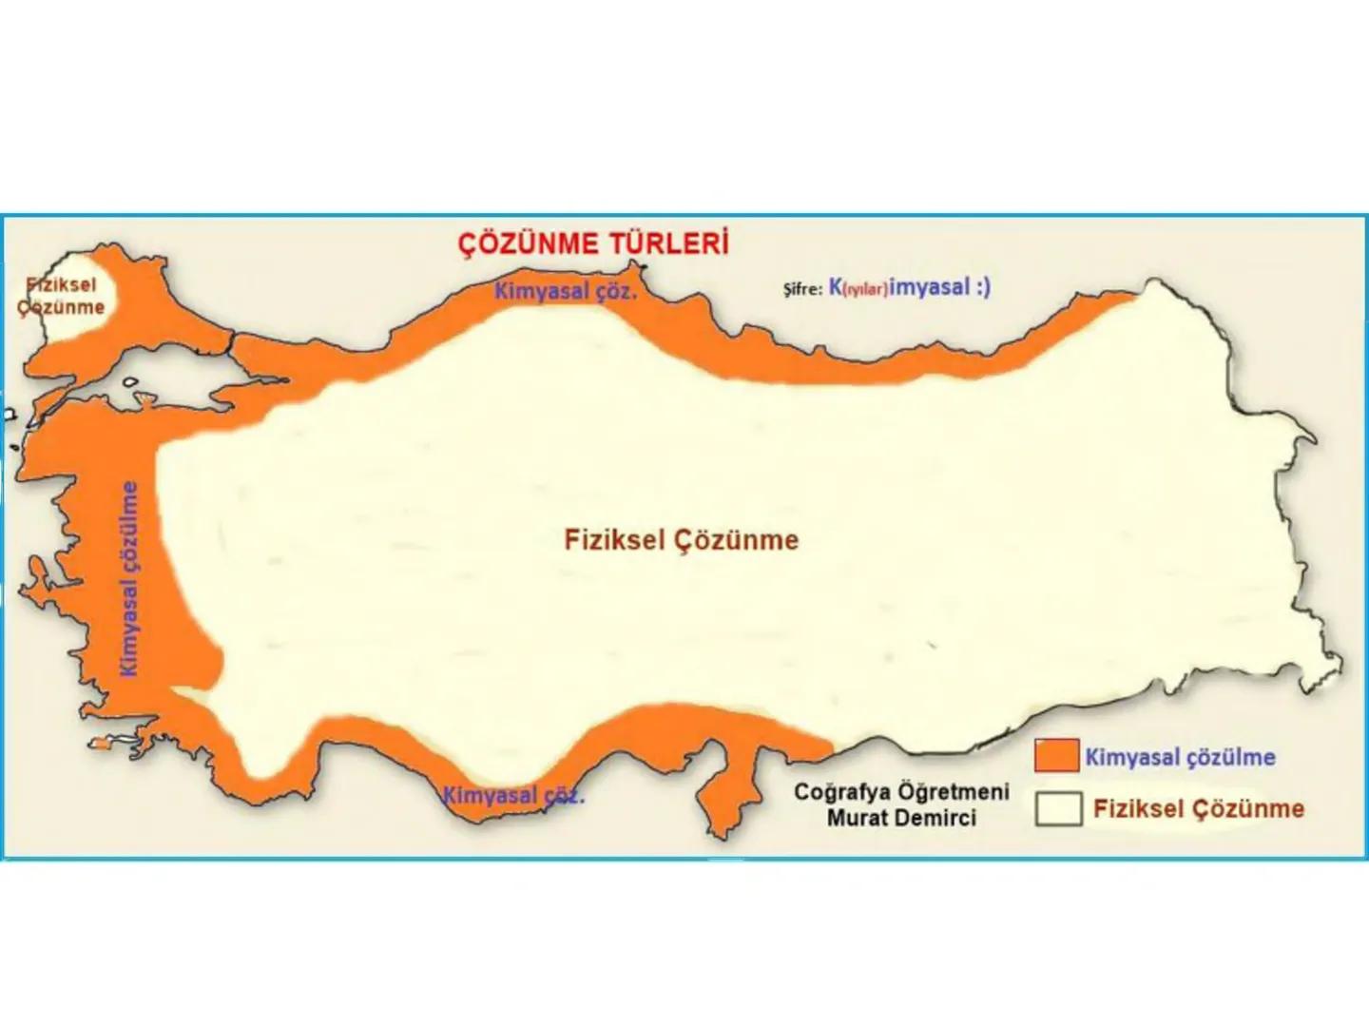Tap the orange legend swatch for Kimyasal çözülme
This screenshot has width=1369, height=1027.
tap(1056, 756)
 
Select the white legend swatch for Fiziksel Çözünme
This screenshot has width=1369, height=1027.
tap(1058, 809)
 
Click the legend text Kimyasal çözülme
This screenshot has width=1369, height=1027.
tap(1180, 758)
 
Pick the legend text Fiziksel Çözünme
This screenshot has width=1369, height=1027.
tap(1198, 809)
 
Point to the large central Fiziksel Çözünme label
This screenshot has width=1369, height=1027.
tap(681, 540)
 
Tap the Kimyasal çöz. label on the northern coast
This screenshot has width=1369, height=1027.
tap(565, 291)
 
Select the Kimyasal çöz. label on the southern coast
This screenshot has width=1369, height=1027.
tap(513, 795)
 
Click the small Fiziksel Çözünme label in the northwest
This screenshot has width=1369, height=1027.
tap(62, 296)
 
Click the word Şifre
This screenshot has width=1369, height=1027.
tap(801, 289)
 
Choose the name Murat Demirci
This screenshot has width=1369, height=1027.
tap(900, 818)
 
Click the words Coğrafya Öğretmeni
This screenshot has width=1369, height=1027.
tap(900, 791)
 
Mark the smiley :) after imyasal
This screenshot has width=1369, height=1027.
tap(982, 287)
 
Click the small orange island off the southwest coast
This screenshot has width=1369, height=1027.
tap(100, 745)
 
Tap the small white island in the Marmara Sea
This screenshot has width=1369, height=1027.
tap(130, 383)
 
